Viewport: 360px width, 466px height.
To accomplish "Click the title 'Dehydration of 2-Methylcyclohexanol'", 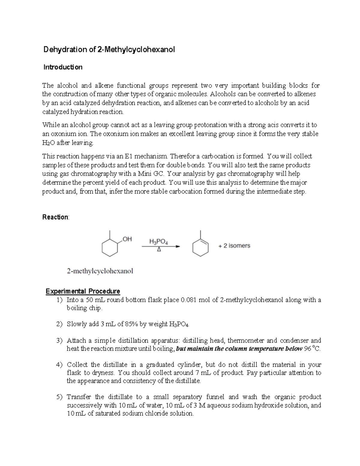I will pos(109,50).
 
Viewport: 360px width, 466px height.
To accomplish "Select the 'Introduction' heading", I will pos(63,67).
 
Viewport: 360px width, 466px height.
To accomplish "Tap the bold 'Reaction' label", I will pos(55,217).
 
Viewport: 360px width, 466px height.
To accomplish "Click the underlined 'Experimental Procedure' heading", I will pos(82,291).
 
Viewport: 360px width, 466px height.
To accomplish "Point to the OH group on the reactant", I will pos(127,239).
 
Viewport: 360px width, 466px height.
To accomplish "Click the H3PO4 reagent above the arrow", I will pos(158,242).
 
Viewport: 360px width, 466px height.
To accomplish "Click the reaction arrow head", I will pos(178,247).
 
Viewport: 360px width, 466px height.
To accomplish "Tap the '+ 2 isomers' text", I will pos(234,246).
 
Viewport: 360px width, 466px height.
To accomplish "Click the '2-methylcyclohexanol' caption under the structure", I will pos(100,271).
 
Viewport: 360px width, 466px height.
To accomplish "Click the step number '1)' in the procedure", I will pos(60,300).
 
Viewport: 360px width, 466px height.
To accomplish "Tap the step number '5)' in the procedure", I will pos(60,397).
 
